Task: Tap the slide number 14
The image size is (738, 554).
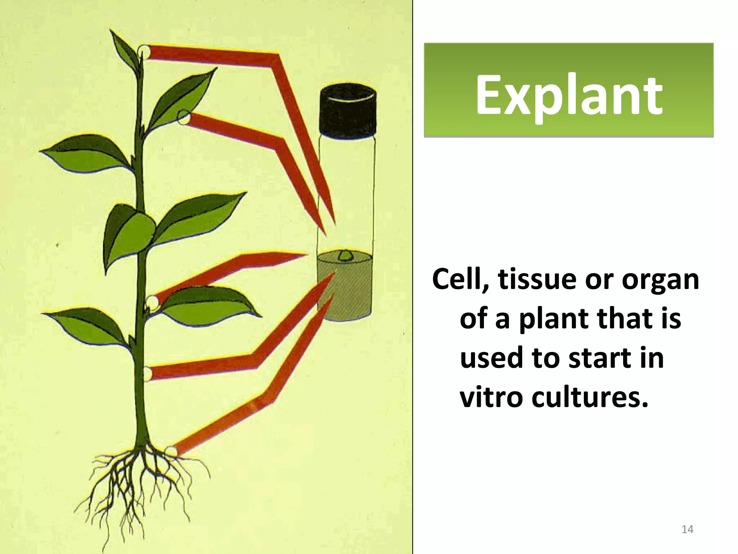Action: (x=688, y=529)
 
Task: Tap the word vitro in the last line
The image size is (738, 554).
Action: (x=490, y=397)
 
